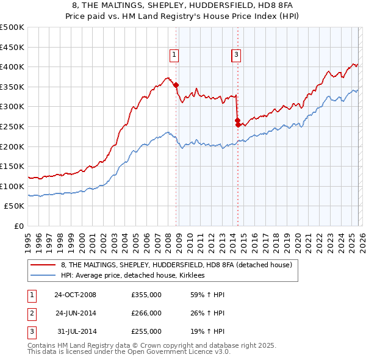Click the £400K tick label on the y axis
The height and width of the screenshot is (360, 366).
pyautogui.click(x=12, y=67)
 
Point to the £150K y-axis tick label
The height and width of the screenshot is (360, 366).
pyautogui.click(x=12, y=166)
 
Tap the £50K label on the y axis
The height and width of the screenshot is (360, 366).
pyautogui.click(x=15, y=206)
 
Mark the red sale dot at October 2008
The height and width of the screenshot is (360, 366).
pyautogui.click(x=176, y=85)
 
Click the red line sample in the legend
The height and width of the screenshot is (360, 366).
pyautogui.click(x=43, y=265)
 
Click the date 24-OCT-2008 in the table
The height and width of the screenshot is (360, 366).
pyautogui.click(x=75, y=295)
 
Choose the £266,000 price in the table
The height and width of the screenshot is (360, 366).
pyautogui.click(x=146, y=313)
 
